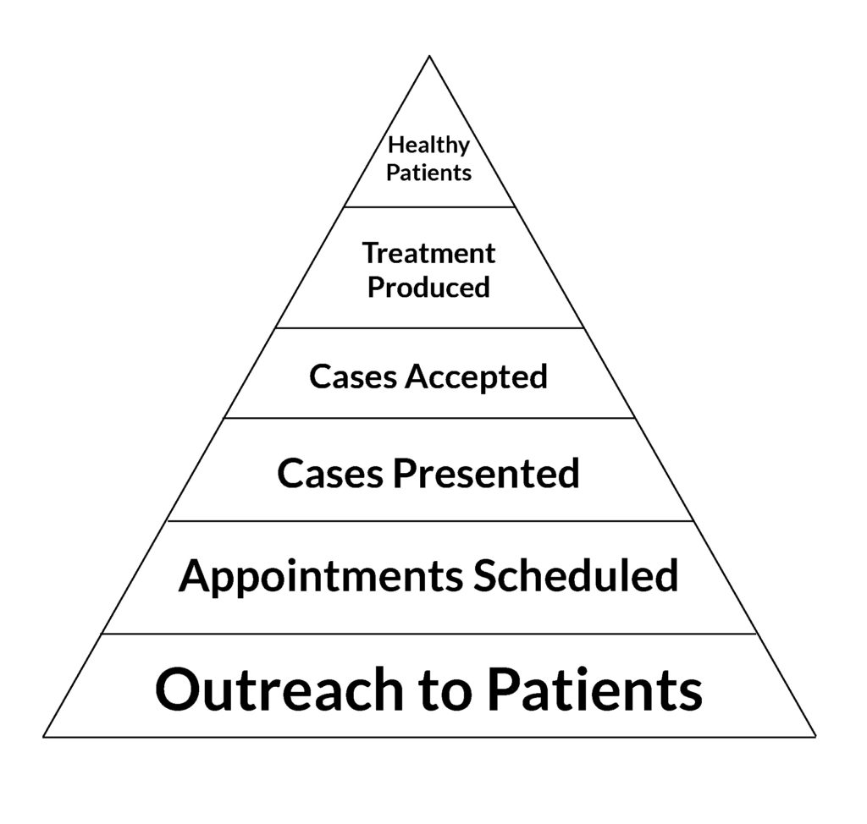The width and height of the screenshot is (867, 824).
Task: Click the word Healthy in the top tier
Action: point(428,146)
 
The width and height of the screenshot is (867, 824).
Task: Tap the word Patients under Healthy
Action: point(428,173)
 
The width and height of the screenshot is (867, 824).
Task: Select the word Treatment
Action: point(429,254)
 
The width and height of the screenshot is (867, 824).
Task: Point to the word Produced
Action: point(429,288)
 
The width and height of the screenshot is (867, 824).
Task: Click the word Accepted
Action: point(476,377)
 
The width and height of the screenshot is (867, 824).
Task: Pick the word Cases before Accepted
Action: point(353,377)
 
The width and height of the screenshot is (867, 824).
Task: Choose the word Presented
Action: point(486,474)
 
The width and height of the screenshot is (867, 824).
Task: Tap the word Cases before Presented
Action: point(330,474)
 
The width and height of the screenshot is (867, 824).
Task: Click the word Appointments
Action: point(321,577)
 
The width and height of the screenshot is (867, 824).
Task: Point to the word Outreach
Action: point(279,689)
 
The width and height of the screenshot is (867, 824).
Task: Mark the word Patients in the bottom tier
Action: point(595,689)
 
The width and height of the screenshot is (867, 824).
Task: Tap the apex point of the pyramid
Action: point(429,56)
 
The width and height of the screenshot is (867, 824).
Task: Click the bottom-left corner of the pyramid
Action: point(44,737)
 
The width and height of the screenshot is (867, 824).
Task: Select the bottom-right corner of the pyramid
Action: point(815,737)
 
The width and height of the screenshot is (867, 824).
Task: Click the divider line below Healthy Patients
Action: point(429,207)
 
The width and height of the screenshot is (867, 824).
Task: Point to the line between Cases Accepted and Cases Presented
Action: point(429,418)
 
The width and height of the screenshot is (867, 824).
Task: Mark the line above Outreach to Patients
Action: point(429,634)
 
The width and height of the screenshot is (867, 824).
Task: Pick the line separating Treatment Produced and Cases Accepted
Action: point(429,327)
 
